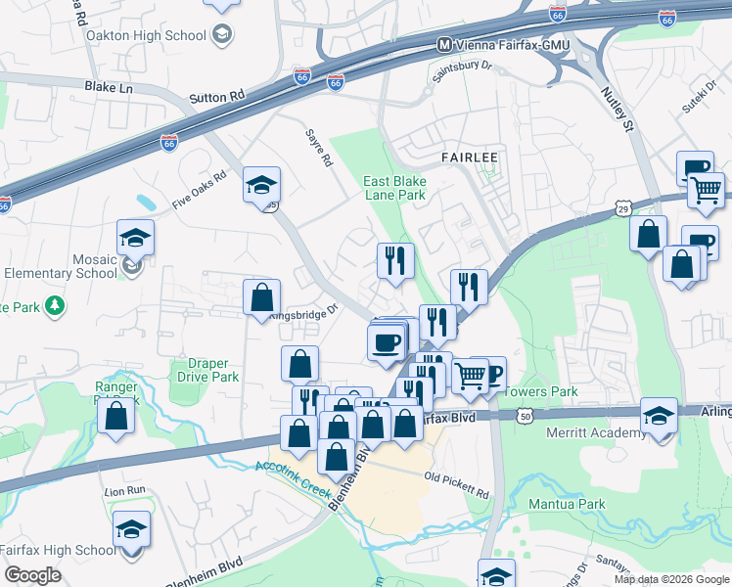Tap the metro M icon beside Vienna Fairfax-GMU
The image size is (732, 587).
click(443, 45)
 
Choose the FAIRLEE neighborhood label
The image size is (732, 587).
click(470, 157)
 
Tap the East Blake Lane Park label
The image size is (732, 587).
click(394, 188)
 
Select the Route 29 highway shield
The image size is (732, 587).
click(622, 207)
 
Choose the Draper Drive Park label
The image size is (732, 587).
click(206, 370)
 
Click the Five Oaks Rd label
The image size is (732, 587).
click(199, 191)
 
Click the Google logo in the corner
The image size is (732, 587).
click(32, 575)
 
